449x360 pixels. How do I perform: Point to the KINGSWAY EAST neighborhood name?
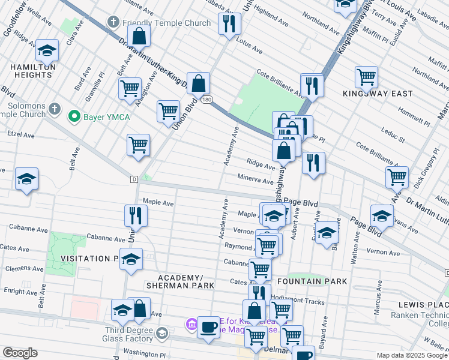click(x=378, y=94)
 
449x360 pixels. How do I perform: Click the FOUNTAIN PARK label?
click(x=304, y=281)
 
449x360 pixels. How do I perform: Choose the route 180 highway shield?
click(x=206, y=98)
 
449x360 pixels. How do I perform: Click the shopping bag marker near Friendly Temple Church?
click(x=139, y=36)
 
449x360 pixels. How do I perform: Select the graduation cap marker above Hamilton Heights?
click(x=47, y=52)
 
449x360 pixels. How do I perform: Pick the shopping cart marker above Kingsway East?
click(x=366, y=77)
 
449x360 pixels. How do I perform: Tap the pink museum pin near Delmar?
click(x=192, y=325)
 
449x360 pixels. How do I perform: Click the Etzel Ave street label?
click(x=20, y=135)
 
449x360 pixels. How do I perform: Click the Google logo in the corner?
click(x=20, y=353)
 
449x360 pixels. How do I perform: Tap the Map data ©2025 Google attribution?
click(x=411, y=355)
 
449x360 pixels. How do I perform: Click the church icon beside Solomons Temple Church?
click(x=55, y=109)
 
